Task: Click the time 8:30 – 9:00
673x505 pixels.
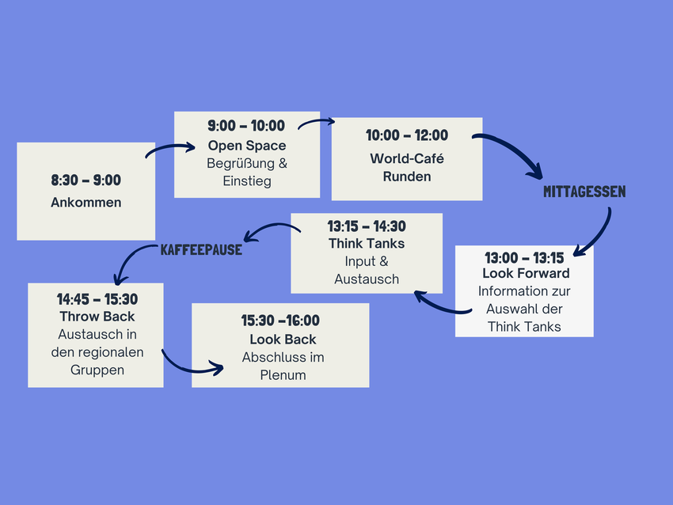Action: coord(86,180)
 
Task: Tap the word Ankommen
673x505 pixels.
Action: coord(86,203)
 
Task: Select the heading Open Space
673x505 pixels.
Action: coord(247,146)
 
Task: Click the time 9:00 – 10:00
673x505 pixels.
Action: coord(247,126)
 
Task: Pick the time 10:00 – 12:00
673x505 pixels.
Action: coord(407,136)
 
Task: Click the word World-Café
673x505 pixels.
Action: coord(407,158)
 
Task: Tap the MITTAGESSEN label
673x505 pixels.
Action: coord(584,192)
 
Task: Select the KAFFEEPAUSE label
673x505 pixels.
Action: coord(201,249)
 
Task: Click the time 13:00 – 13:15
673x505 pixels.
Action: coord(524,258)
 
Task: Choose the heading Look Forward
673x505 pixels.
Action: coord(526,273)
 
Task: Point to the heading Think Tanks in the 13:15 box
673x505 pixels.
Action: coord(367,243)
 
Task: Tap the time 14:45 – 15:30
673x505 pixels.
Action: coord(97,299)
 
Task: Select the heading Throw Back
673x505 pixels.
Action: coord(97,317)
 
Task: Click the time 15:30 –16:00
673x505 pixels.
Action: coord(281,321)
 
